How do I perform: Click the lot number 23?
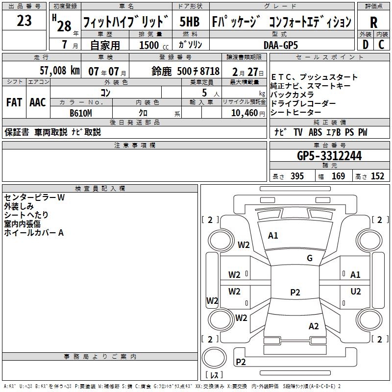tap(24, 21)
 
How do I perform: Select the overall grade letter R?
tap(373, 23)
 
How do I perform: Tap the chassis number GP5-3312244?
tap(329, 156)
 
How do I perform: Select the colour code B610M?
tap(81, 112)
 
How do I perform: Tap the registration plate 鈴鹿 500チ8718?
tap(185, 70)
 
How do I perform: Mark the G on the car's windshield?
tap(309, 258)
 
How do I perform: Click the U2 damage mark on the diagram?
tap(355, 291)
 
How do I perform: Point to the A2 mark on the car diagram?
tap(314, 326)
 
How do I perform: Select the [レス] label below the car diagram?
tap(214, 375)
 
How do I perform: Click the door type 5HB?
tap(189, 22)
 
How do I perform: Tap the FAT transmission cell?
tap(14, 102)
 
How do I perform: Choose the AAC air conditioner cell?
tap(38, 102)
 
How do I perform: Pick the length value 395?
tap(295, 176)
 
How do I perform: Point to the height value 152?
tap(377, 176)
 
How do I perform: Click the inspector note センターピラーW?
tap(34, 197)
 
